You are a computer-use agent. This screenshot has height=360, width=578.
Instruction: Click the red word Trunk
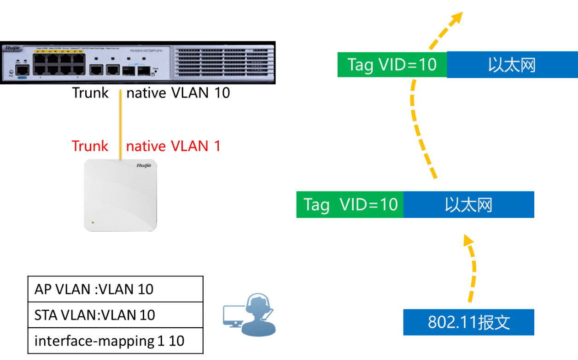point(90,146)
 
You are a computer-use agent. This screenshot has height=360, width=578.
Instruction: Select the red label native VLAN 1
point(173,146)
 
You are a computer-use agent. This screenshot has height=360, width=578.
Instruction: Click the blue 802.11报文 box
point(468,322)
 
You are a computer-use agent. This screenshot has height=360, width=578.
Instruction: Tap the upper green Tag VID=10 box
point(392,65)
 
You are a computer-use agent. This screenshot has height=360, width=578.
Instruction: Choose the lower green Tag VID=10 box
point(350,205)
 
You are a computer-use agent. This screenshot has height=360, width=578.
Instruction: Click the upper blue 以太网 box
point(512,65)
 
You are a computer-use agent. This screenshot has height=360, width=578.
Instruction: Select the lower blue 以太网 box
point(468,205)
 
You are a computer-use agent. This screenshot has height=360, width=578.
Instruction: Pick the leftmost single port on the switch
point(21,70)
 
